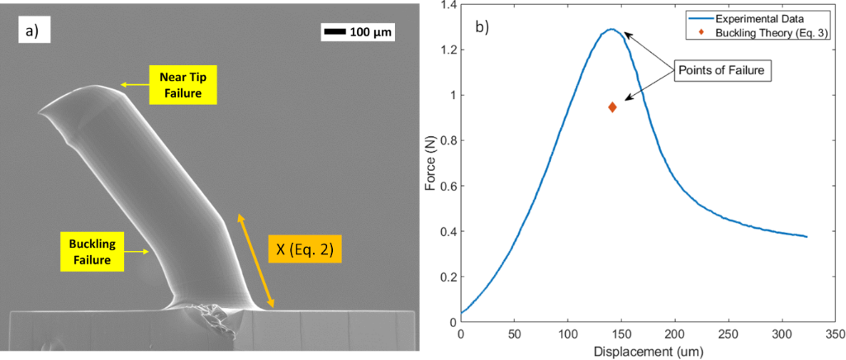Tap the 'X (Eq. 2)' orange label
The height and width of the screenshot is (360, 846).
pos(303,249)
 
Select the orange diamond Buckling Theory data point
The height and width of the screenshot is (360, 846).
pos(612,107)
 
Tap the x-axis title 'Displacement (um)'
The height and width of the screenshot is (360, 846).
pos(648,352)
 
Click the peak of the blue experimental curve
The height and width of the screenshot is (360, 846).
pos(611,30)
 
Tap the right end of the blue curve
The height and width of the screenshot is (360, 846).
pos(806,237)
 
